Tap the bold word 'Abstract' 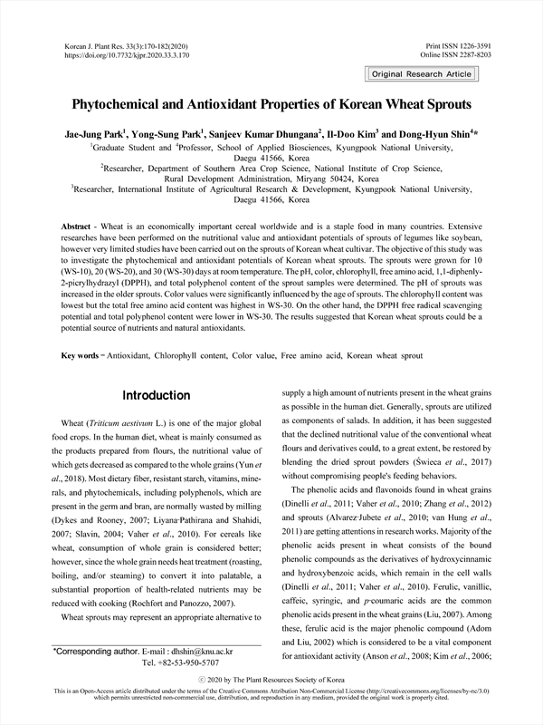tap(80, 224)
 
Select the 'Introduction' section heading tap(156, 395)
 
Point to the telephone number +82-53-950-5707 tap(175, 663)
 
